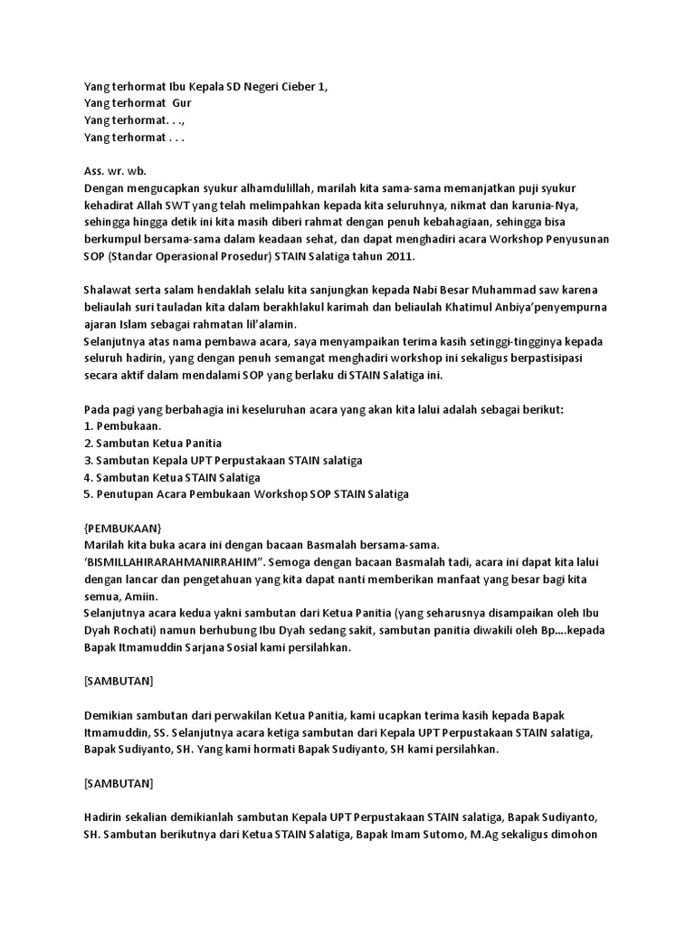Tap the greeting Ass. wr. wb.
115,170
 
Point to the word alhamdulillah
267,187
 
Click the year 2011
398,256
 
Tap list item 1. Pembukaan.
122,426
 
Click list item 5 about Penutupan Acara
246,494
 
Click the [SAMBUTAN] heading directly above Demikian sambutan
119,682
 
